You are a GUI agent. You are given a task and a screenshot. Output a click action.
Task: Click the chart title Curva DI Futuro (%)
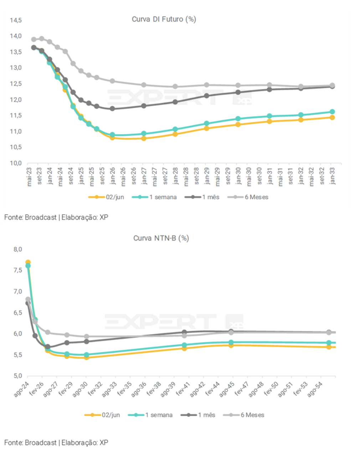[x=164, y=19]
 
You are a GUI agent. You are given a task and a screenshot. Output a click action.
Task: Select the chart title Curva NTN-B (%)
[x=161, y=238]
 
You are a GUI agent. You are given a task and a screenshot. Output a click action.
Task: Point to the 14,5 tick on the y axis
[x=16, y=20]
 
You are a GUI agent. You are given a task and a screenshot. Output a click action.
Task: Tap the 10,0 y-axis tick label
[x=16, y=163]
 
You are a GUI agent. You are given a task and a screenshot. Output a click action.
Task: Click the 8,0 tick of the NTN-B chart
[x=18, y=249]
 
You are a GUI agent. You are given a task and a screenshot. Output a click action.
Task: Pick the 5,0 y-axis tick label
[x=18, y=376]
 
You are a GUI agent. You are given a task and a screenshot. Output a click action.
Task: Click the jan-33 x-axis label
[x=333, y=176]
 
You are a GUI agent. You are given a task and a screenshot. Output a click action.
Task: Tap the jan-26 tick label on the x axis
[x=113, y=176]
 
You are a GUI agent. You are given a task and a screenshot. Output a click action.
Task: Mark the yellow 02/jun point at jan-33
[x=332, y=118]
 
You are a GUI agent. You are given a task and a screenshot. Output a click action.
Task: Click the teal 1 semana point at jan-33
[x=332, y=112]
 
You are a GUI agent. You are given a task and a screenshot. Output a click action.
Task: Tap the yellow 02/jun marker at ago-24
[x=28, y=262]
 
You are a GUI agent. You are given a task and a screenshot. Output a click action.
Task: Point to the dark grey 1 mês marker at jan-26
[x=112, y=109]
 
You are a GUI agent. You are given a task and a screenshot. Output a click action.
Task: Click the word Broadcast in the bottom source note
[x=41, y=443]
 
